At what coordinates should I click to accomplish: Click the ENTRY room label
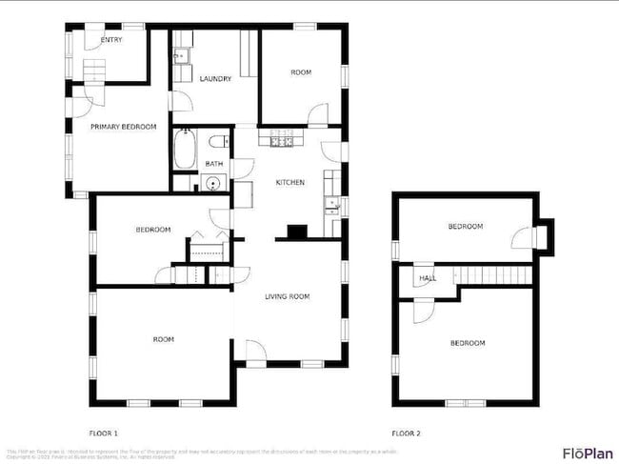pos(111,40)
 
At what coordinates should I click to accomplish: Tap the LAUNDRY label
pos(215,79)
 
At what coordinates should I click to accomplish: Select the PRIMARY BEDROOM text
pos(123,126)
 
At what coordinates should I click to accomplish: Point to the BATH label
pos(214,164)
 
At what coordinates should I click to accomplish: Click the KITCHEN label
pos(290,182)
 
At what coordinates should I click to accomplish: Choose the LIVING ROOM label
pos(287,297)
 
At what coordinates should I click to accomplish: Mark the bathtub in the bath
pos(185,149)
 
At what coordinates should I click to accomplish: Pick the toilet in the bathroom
pos(220,142)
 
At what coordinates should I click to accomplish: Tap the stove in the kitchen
pos(281,142)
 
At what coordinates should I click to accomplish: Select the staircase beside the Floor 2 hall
pos(493,275)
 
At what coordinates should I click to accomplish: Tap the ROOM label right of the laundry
pos(301,72)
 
